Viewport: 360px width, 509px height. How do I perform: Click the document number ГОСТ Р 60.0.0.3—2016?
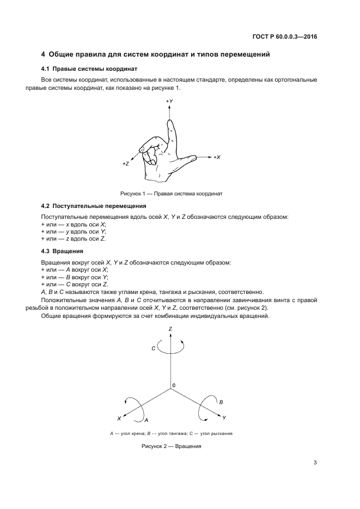[x=285, y=36]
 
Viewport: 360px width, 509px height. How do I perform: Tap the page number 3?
[x=315, y=463]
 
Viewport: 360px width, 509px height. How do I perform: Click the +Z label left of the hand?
[x=125, y=163]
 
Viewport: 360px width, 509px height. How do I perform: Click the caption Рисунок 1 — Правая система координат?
[x=172, y=193]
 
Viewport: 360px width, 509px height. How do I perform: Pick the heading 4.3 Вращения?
[x=62, y=251]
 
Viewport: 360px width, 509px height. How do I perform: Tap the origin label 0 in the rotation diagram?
[x=174, y=385]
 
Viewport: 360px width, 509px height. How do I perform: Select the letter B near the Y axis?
[x=221, y=401]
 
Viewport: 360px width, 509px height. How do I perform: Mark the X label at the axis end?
[x=119, y=418]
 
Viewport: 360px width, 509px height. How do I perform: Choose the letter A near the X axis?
[x=146, y=420]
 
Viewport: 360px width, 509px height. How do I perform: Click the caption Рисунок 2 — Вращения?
[x=172, y=446]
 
